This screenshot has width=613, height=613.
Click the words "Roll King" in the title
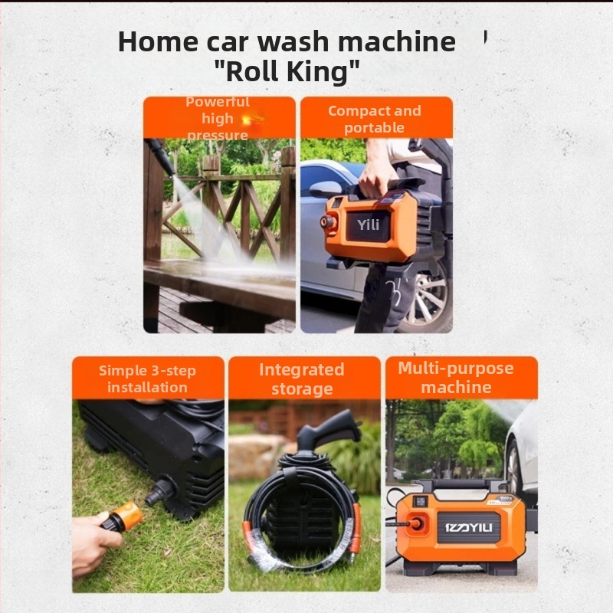[287, 71]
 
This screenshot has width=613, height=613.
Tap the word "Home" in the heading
[158, 41]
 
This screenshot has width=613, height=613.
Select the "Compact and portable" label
[375, 119]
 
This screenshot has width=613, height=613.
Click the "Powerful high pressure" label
[218, 119]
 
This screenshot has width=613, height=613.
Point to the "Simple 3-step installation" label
[147, 379]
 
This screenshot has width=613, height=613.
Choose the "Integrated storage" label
[302, 379]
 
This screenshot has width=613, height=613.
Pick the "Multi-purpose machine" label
[456, 378]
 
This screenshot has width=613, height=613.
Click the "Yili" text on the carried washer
[368, 225]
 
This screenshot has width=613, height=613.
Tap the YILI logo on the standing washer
[468, 528]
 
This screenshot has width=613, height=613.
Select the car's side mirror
[325, 189]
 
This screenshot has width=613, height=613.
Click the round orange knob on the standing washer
[415, 523]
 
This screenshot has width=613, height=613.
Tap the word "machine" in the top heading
[397, 41]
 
